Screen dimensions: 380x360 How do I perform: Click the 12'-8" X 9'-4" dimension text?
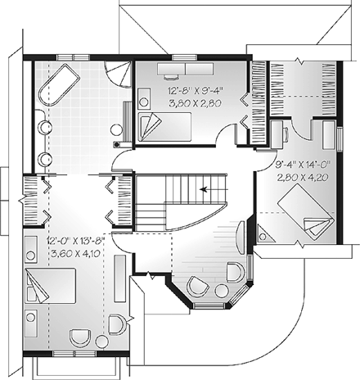(193, 92)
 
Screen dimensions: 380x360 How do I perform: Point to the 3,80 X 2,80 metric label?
(193, 104)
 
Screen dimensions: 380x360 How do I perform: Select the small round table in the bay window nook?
(197, 286)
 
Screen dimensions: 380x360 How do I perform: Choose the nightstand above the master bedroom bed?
(33, 257)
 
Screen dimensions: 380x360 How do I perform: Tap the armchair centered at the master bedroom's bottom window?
(80, 337)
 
